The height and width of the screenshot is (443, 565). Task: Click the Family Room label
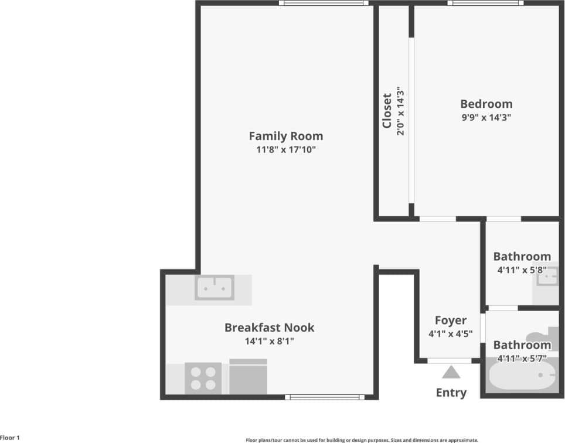pyautogui.click(x=285, y=136)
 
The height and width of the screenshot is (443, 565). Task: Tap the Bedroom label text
pyautogui.click(x=486, y=104)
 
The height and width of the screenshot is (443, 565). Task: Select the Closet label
pyautogui.click(x=387, y=111)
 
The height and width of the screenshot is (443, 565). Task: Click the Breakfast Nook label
pyautogui.click(x=269, y=328)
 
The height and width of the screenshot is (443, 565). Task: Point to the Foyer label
pyautogui.click(x=451, y=321)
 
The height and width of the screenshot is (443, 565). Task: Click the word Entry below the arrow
pyautogui.click(x=451, y=393)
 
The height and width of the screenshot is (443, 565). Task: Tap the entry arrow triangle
pyautogui.click(x=451, y=372)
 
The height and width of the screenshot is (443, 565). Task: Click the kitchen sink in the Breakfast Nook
pyautogui.click(x=215, y=287)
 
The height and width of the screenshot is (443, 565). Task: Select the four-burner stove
pyautogui.click(x=203, y=378)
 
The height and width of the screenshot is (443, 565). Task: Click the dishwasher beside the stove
pyautogui.click(x=248, y=377)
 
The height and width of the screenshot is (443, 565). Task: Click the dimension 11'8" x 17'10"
pyautogui.click(x=285, y=149)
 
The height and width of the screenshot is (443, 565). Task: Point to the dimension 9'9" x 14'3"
pyautogui.click(x=486, y=117)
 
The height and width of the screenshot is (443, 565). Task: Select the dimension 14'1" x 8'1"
pyautogui.click(x=269, y=340)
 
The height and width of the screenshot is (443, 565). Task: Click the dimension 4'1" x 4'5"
pyautogui.click(x=451, y=334)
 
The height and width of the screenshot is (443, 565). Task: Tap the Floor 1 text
pyautogui.click(x=10, y=438)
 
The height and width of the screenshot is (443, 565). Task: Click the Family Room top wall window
pyautogui.click(x=324, y=3)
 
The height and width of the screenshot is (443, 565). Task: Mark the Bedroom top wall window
pyautogui.click(x=485, y=3)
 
